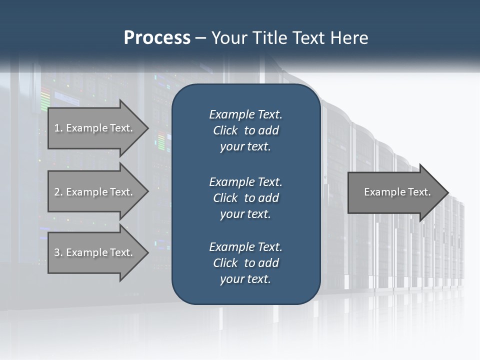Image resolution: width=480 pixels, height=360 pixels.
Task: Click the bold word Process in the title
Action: click(157, 38)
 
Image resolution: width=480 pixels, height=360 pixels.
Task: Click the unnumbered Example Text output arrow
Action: click(395, 192)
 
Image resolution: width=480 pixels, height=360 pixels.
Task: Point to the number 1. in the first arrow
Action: click(58, 128)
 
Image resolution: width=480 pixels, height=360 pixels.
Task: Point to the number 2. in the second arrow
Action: click(58, 192)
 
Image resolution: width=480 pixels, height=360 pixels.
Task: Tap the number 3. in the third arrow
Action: click(58, 252)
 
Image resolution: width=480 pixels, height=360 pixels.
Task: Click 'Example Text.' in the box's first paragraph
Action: click(245, 114)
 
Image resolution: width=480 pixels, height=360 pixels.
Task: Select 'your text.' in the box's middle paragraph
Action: click(245, 214)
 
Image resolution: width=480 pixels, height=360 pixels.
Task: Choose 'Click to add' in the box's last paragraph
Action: click(245, 263)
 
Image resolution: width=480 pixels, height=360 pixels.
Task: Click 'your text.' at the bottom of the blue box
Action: click(245, 279)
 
